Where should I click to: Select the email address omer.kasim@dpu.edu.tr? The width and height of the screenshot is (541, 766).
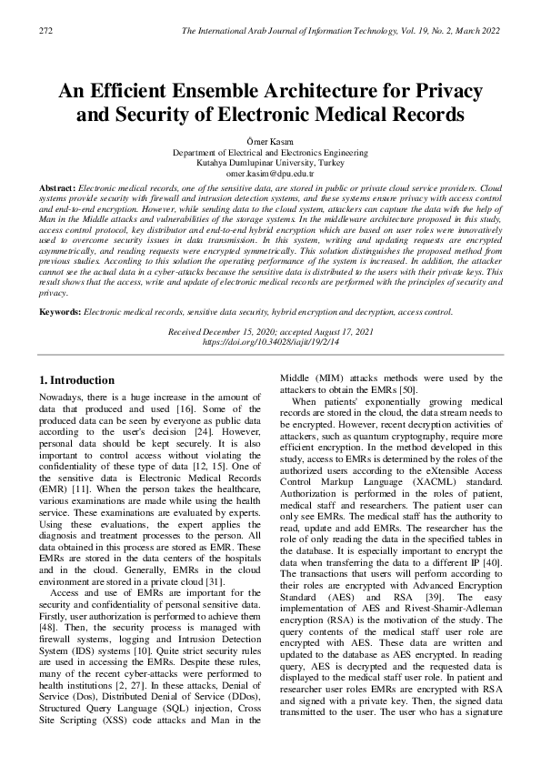(269, 172)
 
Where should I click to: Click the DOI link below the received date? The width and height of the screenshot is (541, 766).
(269, 342)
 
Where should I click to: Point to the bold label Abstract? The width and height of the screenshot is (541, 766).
(57, 186)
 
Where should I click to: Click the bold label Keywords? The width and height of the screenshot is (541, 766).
(59, 312)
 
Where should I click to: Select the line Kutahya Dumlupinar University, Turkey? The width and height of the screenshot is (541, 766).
(269, 162)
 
